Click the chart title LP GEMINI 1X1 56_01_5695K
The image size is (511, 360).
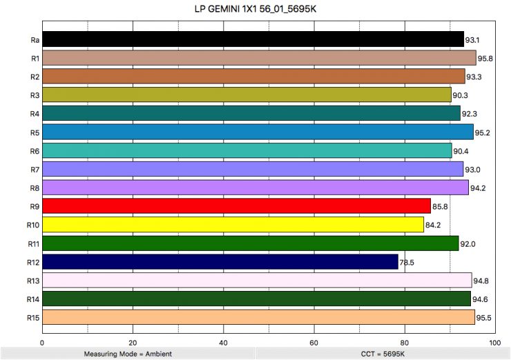(256, 10)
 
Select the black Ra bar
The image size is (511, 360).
(253, 39)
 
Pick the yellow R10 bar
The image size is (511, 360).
(233, 225)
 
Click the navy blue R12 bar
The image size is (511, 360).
(220, 262)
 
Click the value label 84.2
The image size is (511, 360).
(432, 225)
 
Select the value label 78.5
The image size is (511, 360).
(407, 263)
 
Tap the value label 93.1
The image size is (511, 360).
(472, 40)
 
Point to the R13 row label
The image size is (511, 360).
(32, 281)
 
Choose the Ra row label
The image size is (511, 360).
(34, 39)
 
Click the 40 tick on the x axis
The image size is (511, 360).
(223, 341)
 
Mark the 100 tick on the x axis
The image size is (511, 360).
(494, 341)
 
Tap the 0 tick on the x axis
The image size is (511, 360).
(43, 341)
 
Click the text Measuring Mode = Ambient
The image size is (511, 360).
(128, 354)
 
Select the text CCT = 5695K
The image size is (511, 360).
(382, 354)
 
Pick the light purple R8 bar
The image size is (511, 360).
(255, 187)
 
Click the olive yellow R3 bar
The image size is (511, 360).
(247, 95)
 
